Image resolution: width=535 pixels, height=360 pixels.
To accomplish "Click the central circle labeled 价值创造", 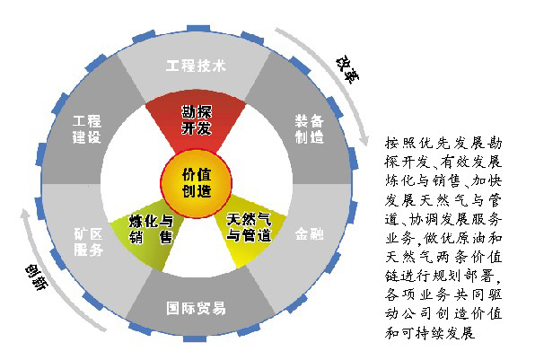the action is pos(197,183).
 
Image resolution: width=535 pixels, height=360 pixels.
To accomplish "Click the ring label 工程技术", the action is pos(196,66).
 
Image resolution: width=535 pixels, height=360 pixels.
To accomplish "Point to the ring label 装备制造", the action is pos(310,129).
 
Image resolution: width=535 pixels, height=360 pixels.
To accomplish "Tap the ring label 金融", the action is pos(310,234).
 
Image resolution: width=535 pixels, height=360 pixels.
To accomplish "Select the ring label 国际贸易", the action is pos(196,308).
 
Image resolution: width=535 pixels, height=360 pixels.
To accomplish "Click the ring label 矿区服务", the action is pos(88,241).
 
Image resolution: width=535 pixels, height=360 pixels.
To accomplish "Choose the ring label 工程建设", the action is pos(87,129).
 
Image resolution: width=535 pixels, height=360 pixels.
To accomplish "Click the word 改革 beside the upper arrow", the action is pos(347,70).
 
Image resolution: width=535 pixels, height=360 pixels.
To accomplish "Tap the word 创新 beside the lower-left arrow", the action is pos(37,277).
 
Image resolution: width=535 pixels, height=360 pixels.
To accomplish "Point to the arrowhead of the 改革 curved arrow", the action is pos(364,141).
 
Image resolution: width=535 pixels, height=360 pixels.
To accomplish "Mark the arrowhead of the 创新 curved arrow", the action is pos(25,215).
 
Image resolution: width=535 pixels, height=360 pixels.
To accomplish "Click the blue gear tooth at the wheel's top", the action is pos(198,29).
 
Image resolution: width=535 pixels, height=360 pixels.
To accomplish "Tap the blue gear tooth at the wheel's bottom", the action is pos(195,338).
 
